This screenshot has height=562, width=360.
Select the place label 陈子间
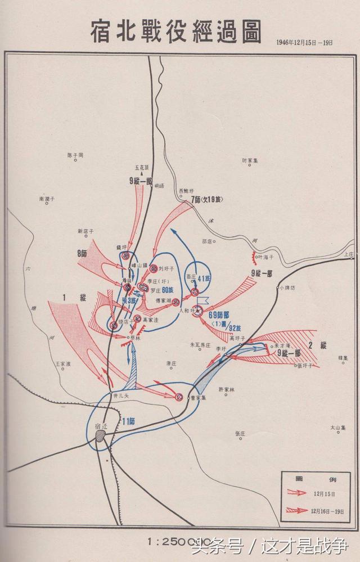point(75,155)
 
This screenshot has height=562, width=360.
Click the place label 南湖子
point(47,199)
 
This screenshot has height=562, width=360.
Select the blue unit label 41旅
point(206,278)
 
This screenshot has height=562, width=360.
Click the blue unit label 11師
point(129,420)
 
